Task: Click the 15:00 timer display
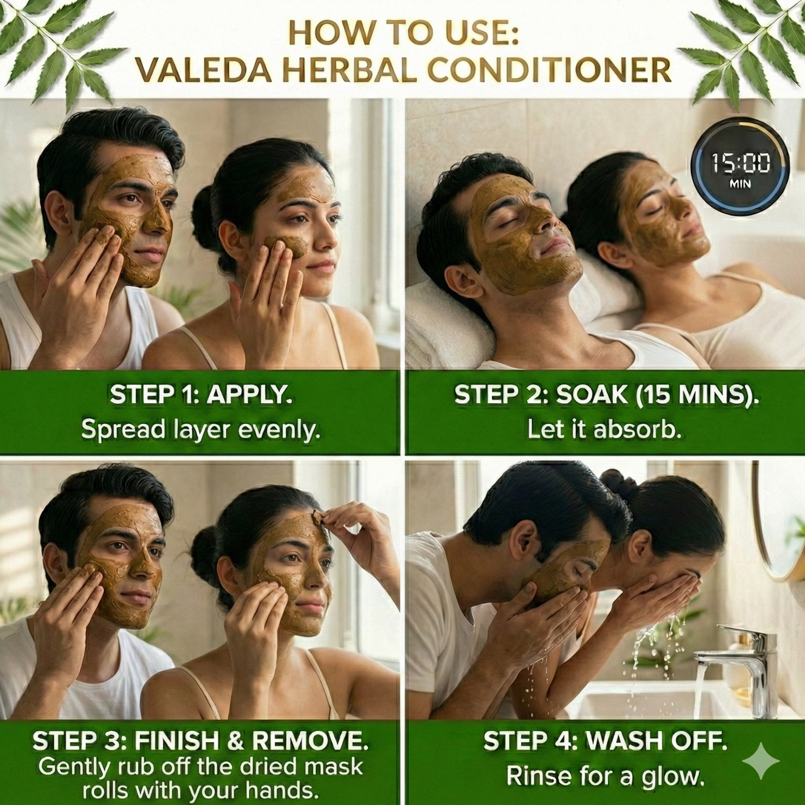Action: click(x=740, y=167)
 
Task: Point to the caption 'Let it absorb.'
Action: click(x=604, y=430)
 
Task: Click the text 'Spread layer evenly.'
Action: click(x=201, y=430)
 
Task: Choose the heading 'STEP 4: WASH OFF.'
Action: click(x=605, y=741)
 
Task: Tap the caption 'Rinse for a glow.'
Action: click(x=605, y=776)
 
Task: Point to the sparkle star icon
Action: click(x=761, y=760)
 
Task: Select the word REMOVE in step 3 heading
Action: click(x=310, y=741)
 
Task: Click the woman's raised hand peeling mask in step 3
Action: click(x=357, y=529)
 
